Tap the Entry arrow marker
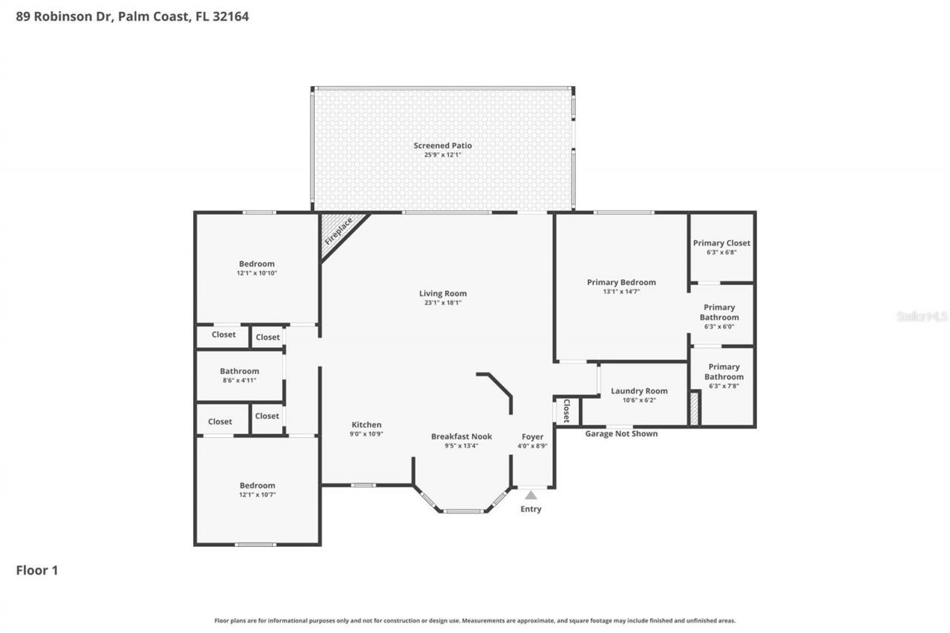pyautogui.click(x=531, y=495)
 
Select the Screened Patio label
pyautogui.click(x=442, y=145)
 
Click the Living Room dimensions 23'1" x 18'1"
pyautogui.click(x=442, y=303)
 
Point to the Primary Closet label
pyautogui.click(x=721, y=243)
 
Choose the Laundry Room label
pyautogui.click(x=639, y=391)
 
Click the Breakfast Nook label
pyautogui.click(x=461, y=436)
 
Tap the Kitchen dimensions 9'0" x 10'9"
pyautogui.click(x=367, y=434)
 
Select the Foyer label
pyautogui.click(x=532, y=436)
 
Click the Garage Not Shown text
pyautogui.click(x=621, y=433)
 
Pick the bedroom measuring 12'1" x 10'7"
pyautogui.click(x=257, y=490)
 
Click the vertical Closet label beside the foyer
pyautogui.click(x=566, y=411)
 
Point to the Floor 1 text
pyautogui.click(x=37, y=570)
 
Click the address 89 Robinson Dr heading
pyautogui.click(x=132, y=16)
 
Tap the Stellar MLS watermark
pyautogui.click(x=922, y=316)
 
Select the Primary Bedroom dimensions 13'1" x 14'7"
pyautogui.click(x=621, y=292)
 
